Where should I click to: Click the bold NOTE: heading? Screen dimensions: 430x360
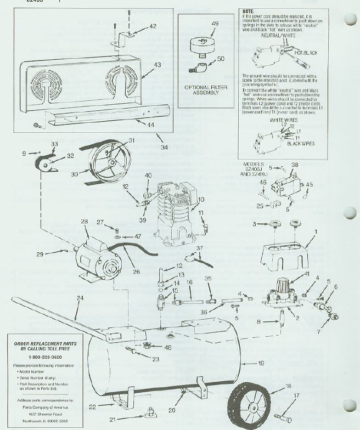click(x=248, y=11)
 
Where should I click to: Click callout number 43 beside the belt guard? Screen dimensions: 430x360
click(x=157, y=65)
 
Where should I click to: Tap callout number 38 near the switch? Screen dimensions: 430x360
click(x=295, y=165)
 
